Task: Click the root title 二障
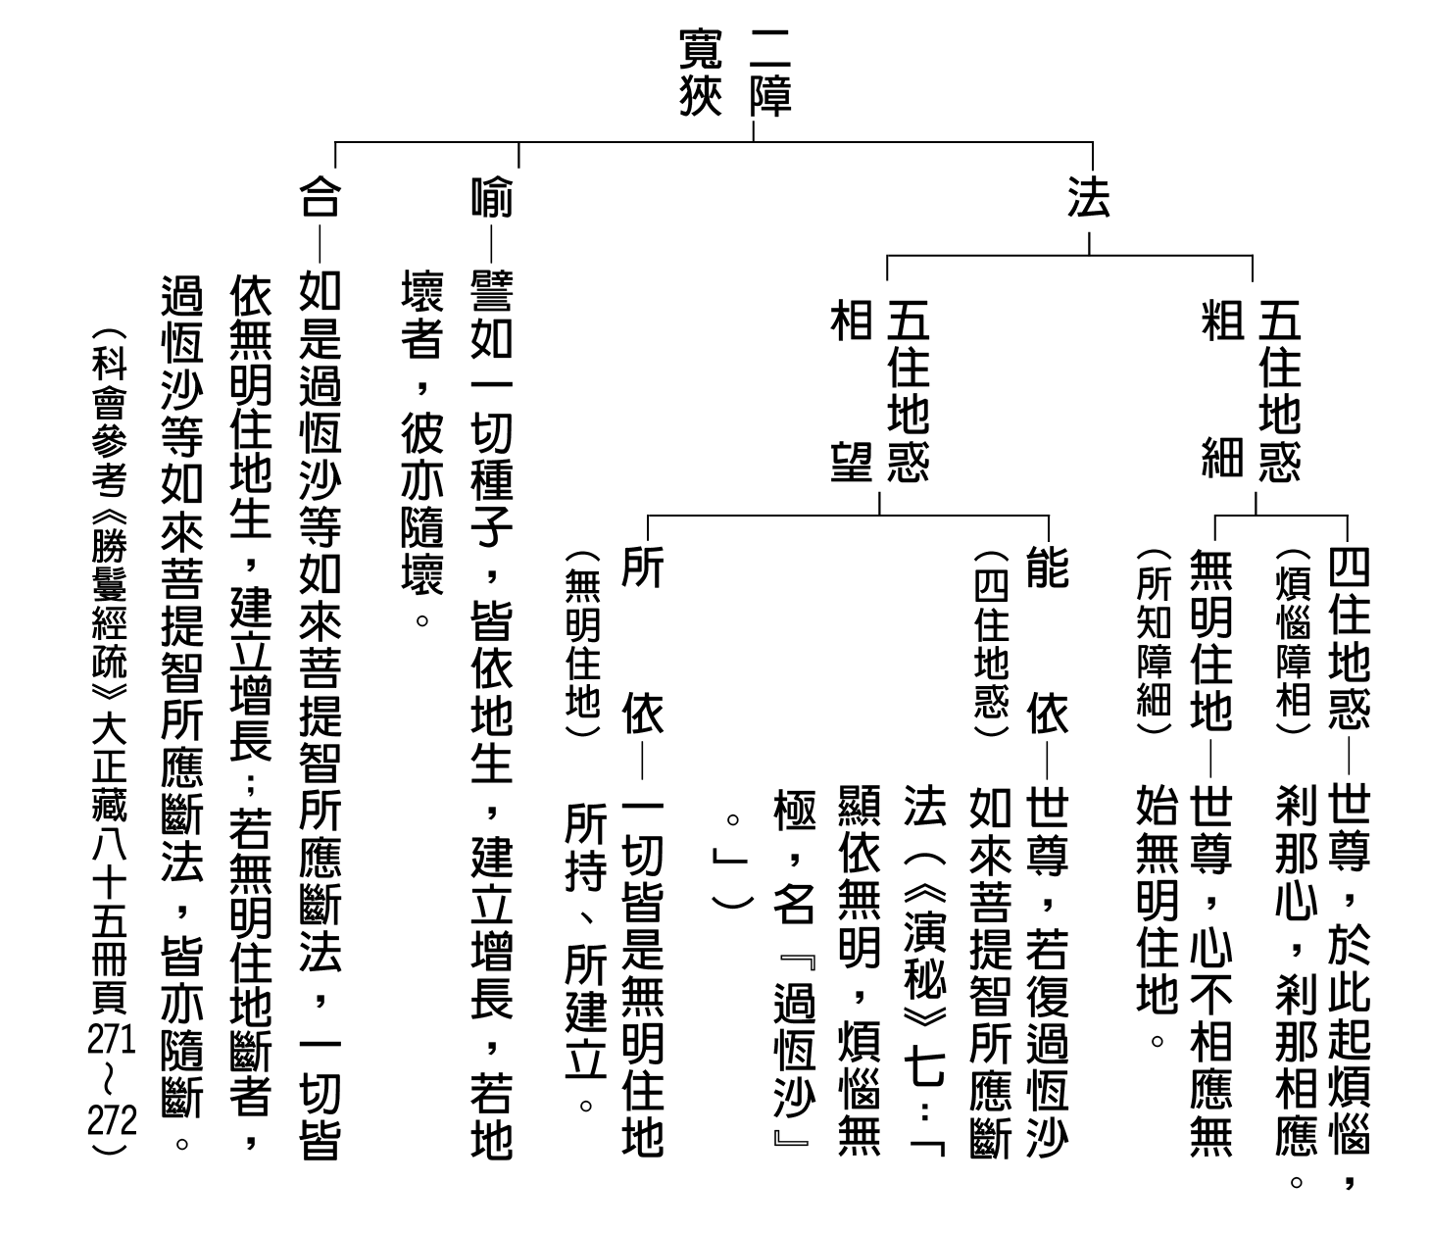(x=771, y=72)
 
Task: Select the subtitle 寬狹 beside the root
(x=701, y=72)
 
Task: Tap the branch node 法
(x=1088, y=197)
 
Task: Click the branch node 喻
(x=492, y=197)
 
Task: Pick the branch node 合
(x=320, y=197)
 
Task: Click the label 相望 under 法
(x=852, y=391)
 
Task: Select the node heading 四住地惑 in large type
(x=1349, y=639)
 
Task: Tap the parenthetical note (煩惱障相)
(x=1294, y=641)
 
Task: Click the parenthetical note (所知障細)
(x=1155, y=641)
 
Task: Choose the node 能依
(x=1048, y=639)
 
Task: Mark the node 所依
(x=643, y=639)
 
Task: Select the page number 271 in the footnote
(x=111, y=1039)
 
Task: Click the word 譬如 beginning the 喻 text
(x=492, y=314)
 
